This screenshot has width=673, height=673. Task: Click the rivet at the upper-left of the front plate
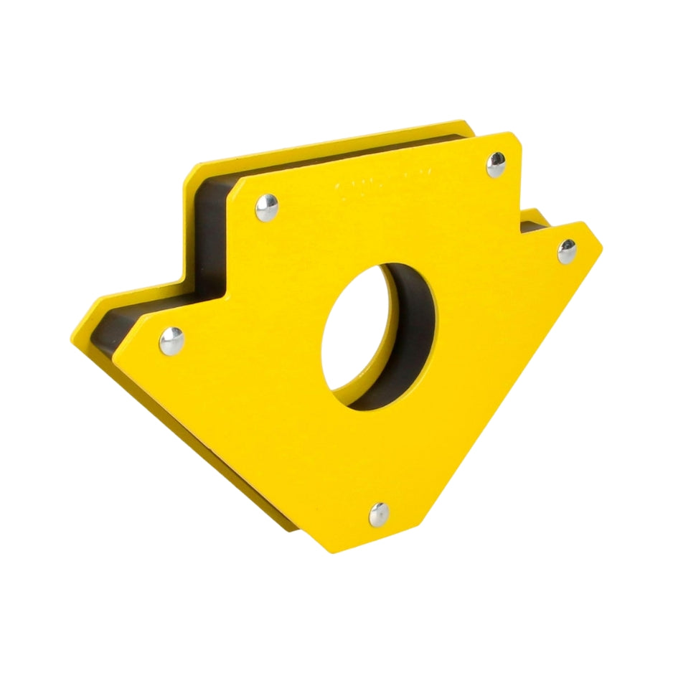[x=267, y=207]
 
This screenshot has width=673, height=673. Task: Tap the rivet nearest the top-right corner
[x=496, y=165]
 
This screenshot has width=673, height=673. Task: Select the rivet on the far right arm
[x=567, y=251]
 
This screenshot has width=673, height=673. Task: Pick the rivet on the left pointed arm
[x=171, y=341]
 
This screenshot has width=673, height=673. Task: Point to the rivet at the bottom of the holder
[x=379, y=514]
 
